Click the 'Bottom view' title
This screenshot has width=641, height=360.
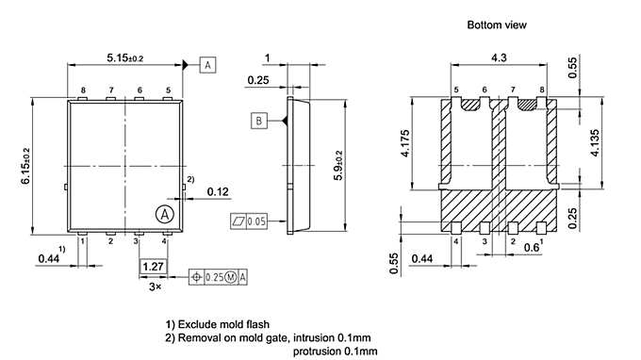point(497,24)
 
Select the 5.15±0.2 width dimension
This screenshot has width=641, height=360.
point(125,58)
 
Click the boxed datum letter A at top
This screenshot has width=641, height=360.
point(207,64)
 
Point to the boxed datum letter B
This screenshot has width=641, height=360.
point(257,120)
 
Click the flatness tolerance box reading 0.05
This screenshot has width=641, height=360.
point(249,221)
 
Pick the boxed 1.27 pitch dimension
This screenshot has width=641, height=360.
point(151,267)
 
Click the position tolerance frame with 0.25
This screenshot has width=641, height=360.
point(219,276)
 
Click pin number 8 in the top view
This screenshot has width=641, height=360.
point(83,90)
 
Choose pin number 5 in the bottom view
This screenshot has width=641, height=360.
point(456,90)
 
